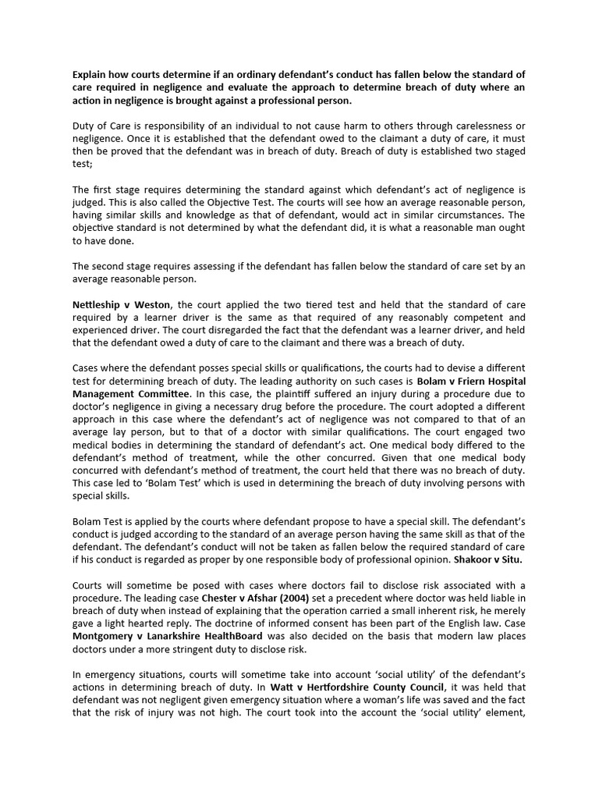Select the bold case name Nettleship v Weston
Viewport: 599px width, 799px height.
click(x=121, y=305)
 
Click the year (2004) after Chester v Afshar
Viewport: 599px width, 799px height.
click(x=297, y=598)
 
